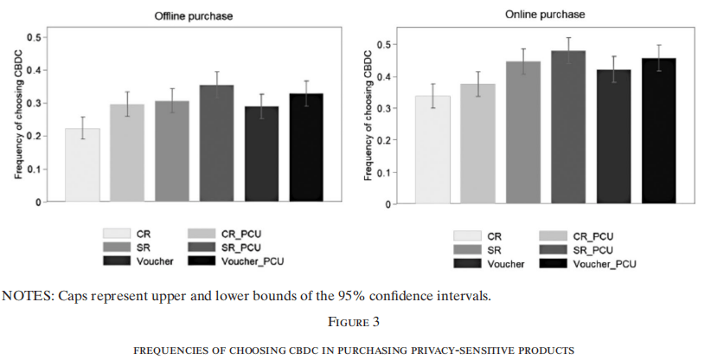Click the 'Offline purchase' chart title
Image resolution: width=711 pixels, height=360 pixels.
[194, 16]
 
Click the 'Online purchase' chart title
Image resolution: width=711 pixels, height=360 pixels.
[545, 15]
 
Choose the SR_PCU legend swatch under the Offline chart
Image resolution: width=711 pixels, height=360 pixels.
[204, 247]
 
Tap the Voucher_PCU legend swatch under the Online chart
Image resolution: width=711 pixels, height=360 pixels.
[554, 263]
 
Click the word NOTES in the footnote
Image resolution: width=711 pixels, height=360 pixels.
[26, 297]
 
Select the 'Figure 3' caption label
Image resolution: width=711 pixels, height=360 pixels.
[355, 322]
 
